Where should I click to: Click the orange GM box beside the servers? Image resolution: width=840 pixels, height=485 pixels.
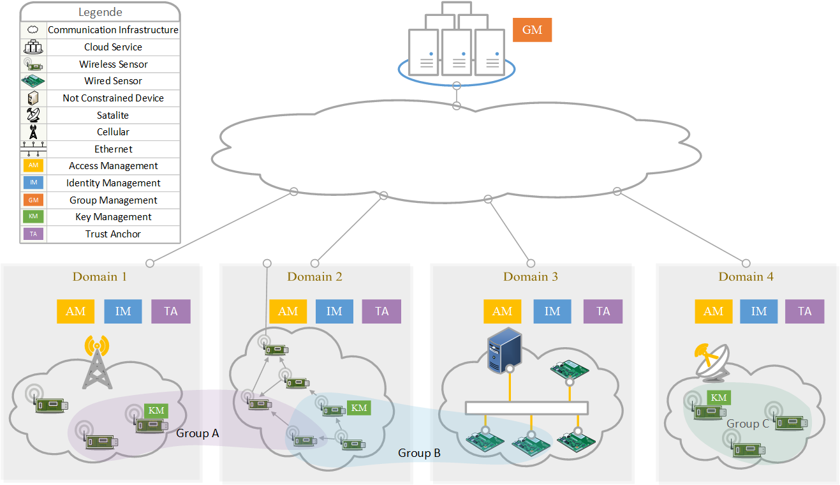click(532, 29)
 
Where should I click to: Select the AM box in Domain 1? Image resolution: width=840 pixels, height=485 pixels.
click(76, 311)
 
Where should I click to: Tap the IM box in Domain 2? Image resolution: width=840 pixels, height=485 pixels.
click(334, 311)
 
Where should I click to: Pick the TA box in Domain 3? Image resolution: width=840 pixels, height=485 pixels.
click(603, 311)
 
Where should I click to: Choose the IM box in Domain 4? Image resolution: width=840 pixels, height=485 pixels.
click(759, 311)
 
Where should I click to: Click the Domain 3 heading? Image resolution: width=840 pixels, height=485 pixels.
click(531, 276)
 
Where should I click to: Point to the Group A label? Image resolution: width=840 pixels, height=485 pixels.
click(198, 433)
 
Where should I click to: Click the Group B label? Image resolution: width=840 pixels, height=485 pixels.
click(419, 453)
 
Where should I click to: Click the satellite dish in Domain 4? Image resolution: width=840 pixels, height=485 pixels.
click(710, 361)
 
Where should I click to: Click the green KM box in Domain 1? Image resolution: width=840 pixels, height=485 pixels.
click(156, 410)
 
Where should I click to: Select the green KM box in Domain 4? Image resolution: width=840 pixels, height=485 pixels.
click(719, 398)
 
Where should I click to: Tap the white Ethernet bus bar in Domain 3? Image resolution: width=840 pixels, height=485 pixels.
click(526, 408)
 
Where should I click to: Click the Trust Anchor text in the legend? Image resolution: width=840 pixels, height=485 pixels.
click(113, 234)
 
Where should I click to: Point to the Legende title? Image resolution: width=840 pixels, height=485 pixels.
click(100, 12)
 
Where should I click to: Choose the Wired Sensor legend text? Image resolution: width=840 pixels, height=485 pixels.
click(113, 81)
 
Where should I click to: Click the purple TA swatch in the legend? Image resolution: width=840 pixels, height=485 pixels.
click(33, 234)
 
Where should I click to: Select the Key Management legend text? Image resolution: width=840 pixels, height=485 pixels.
click(113, 217)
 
